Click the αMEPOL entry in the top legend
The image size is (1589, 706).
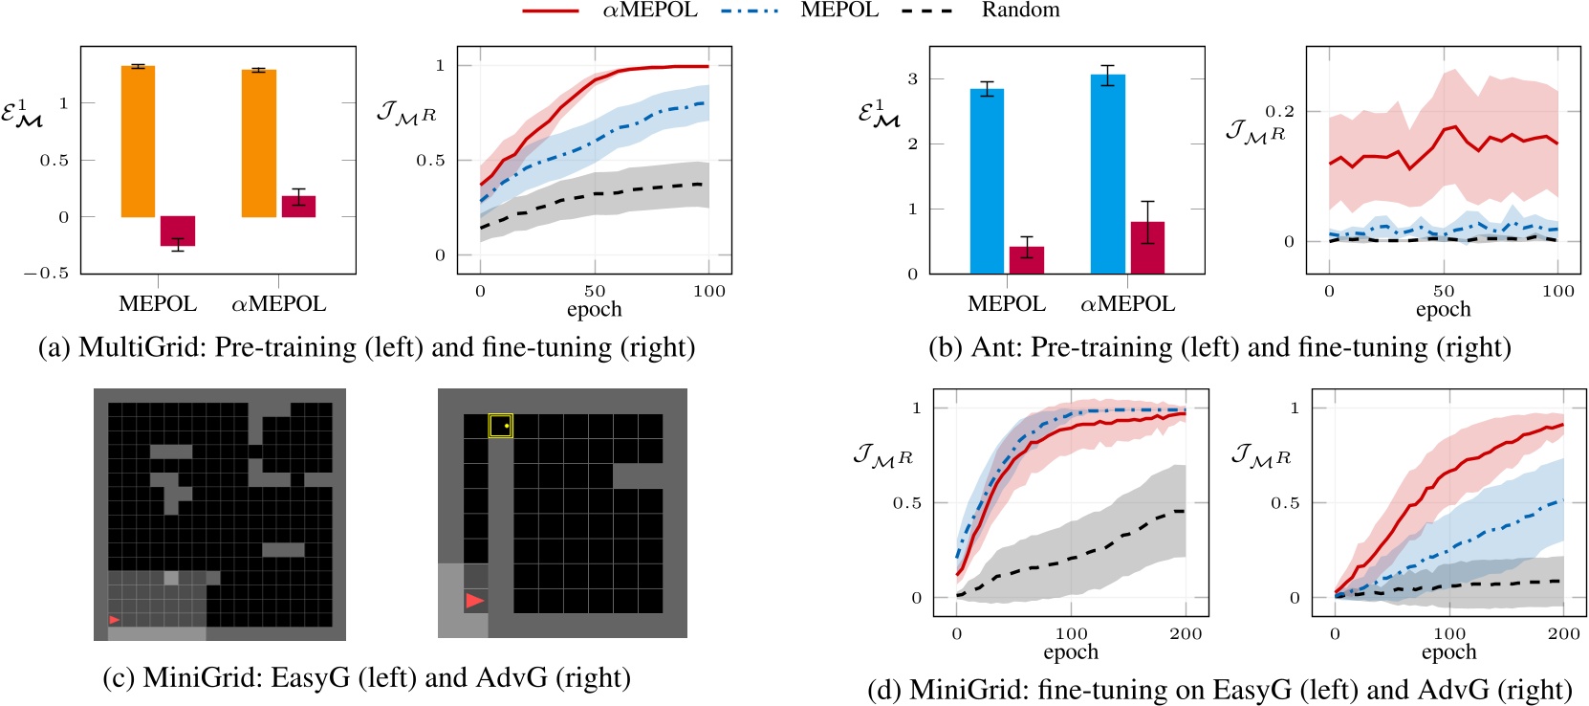click(650, 11)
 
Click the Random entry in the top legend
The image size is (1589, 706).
click(1019, 11)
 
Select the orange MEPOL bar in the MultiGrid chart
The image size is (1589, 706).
click(138, 142)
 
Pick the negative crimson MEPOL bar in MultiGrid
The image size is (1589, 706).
click(178, 232)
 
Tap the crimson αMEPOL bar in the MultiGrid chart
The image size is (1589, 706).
click(298, 207)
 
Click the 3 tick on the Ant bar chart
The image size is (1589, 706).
click(912, 78)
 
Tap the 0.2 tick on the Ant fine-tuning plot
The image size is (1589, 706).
click(1279, 111)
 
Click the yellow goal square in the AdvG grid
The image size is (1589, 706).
click(500, 426)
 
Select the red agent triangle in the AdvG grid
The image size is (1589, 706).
click(474, 601)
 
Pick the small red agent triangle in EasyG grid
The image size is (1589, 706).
click(115, 620)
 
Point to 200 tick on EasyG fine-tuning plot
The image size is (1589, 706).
click(1186, 633)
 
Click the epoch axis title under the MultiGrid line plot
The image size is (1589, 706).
click(594, 309)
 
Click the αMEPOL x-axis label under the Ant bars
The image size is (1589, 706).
click(1127, 304)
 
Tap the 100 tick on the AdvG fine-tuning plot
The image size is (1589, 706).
click(1449, 633)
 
